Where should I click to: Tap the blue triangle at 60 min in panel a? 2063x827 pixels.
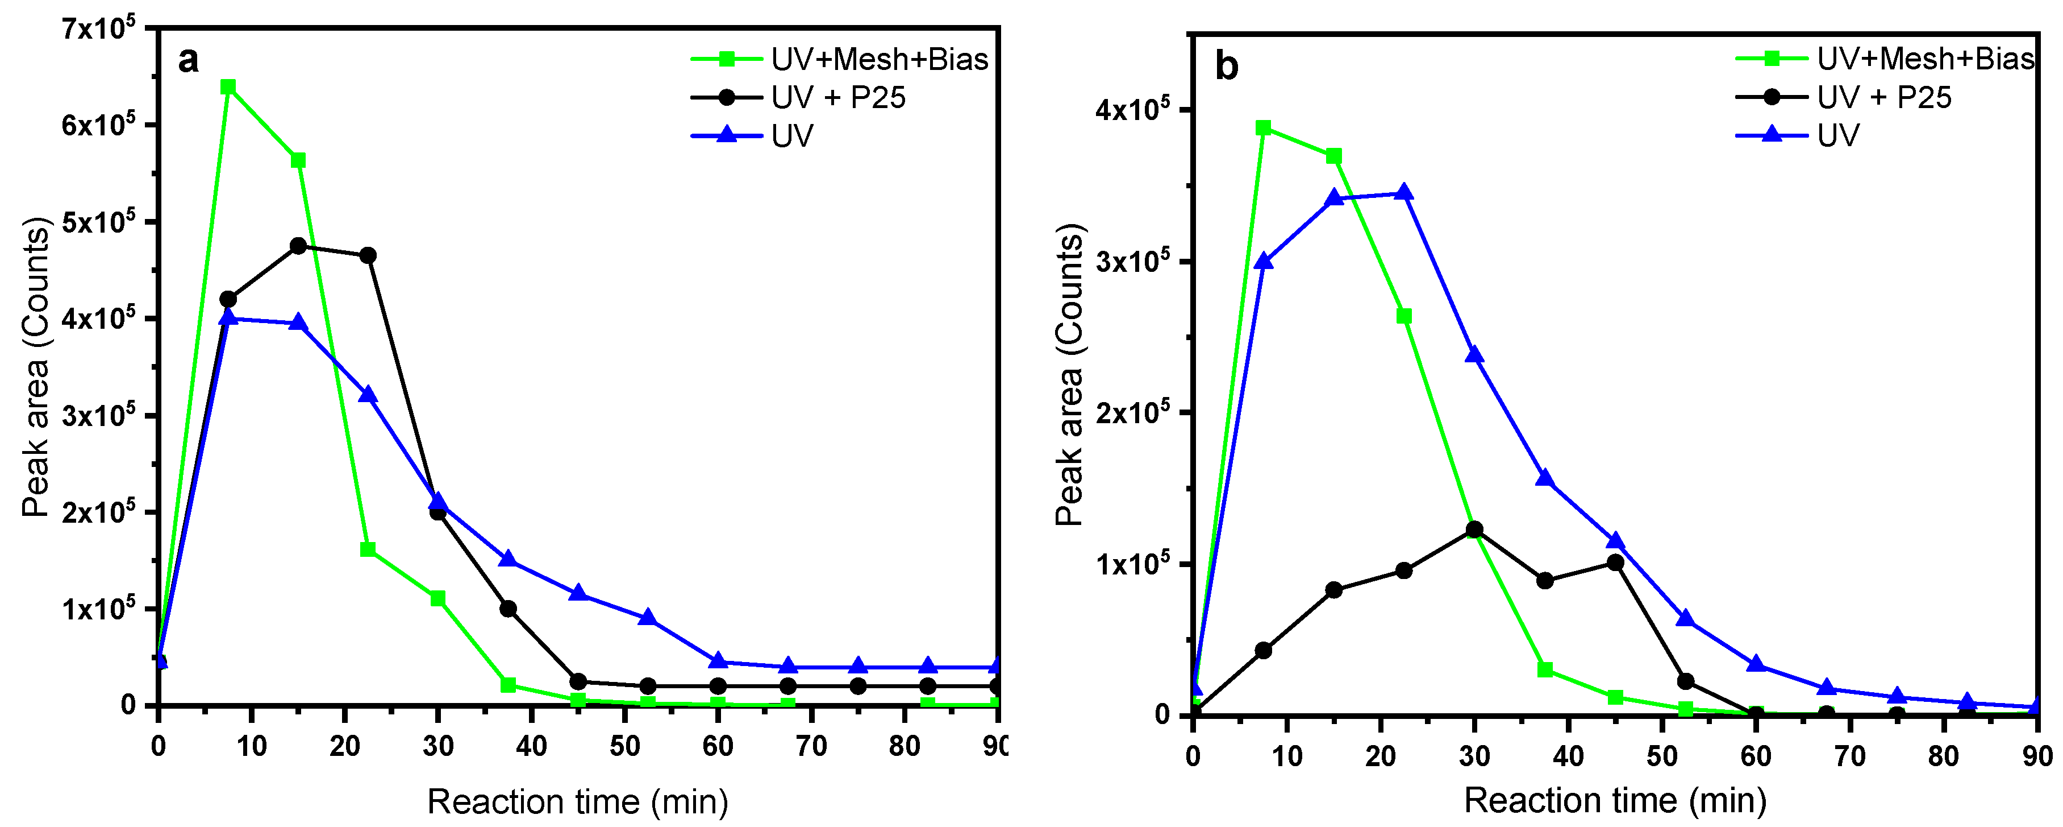coord(718,661)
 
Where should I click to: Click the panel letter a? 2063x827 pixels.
coord(187,60)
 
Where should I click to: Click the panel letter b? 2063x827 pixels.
coord(1226,66)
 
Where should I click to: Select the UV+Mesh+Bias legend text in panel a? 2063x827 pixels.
coord(880,59)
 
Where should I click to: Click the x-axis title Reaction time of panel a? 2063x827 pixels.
coord(577,801)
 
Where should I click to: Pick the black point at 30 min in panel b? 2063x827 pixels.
coord(1474,529)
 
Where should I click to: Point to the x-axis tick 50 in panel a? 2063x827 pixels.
coord(624,747)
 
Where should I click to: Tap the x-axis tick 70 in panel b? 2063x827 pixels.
coord(1849,756)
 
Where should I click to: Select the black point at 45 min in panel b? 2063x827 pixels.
coord(1615,563)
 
